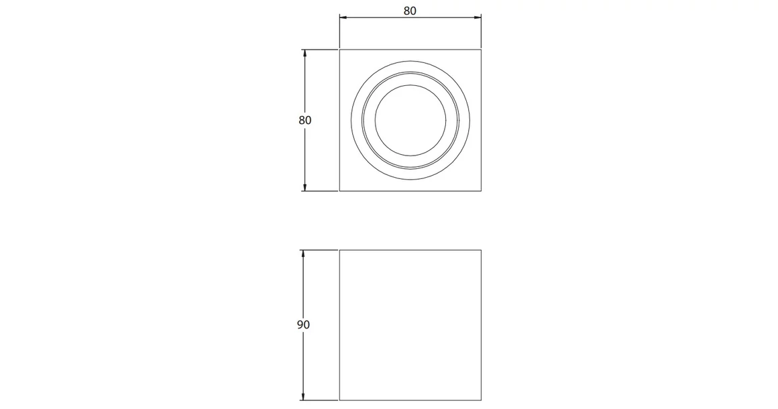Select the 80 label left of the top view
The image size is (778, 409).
click(305, 121)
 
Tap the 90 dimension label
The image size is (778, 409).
click(303, 325)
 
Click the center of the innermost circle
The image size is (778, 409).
click(410, 119)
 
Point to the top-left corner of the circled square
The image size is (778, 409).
click(340, 50)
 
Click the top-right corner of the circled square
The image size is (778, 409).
click(482, 50)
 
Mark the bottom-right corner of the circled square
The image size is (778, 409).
click(482, 191)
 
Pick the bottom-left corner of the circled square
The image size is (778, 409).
click(340, 191)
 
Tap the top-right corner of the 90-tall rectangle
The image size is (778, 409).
click(482, 250)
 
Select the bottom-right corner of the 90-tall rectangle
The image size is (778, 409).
click(482, 400)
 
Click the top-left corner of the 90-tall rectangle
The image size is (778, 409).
click(340, 250)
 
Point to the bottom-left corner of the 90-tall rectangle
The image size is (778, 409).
click(340, 400)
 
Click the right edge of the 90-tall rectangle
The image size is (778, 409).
click(482, 325)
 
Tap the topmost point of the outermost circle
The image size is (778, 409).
click(410, 58)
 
